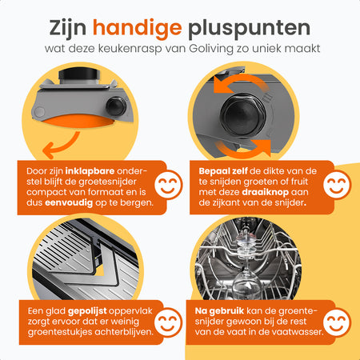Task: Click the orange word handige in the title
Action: click(138, 29)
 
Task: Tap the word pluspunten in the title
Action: click(250, 29)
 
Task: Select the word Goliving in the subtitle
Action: click(211, 49)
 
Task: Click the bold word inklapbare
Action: click(90, 171)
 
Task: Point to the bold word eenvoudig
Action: click(69, 202)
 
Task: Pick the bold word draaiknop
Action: click(266, 192)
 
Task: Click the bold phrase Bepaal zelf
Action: click(223, 171)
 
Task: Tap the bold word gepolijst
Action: click(87, 311)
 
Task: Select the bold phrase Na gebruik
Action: click(219, 311)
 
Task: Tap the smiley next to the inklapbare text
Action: click(168, 185)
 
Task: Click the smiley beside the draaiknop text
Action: click(337, 185)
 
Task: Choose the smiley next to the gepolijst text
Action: click(168, 323)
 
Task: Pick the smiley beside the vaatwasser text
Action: click(337, 323)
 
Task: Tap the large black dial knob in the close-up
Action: click(242, 114)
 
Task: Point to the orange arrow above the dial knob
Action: click(240, 80)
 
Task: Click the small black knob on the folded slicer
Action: click(116, 106)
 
